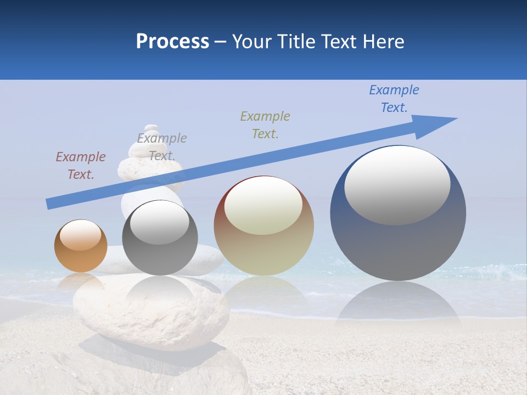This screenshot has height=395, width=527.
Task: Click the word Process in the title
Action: [172, 42]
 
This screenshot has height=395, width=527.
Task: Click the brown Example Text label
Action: [81, 166]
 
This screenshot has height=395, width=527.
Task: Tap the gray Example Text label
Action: [162, 147]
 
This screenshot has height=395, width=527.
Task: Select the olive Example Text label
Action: [265, 125]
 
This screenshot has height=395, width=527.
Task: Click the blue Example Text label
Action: [394, 99]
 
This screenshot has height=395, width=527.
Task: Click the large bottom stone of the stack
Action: [151, 313]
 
